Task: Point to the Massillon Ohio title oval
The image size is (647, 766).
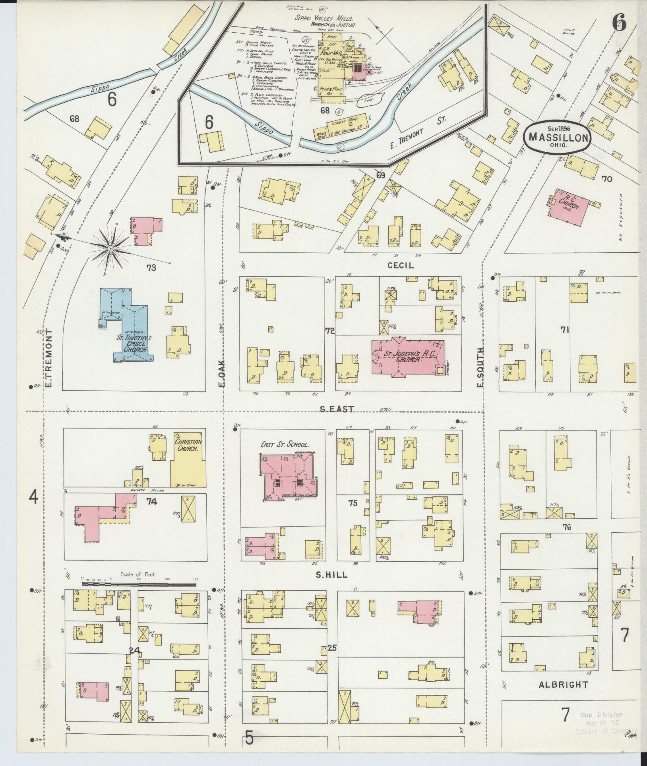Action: coord(558,137)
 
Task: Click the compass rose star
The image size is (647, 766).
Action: coord(110,249)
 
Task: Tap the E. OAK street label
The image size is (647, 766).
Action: coord(221,373)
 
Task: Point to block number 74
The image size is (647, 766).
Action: coord(151,502)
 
